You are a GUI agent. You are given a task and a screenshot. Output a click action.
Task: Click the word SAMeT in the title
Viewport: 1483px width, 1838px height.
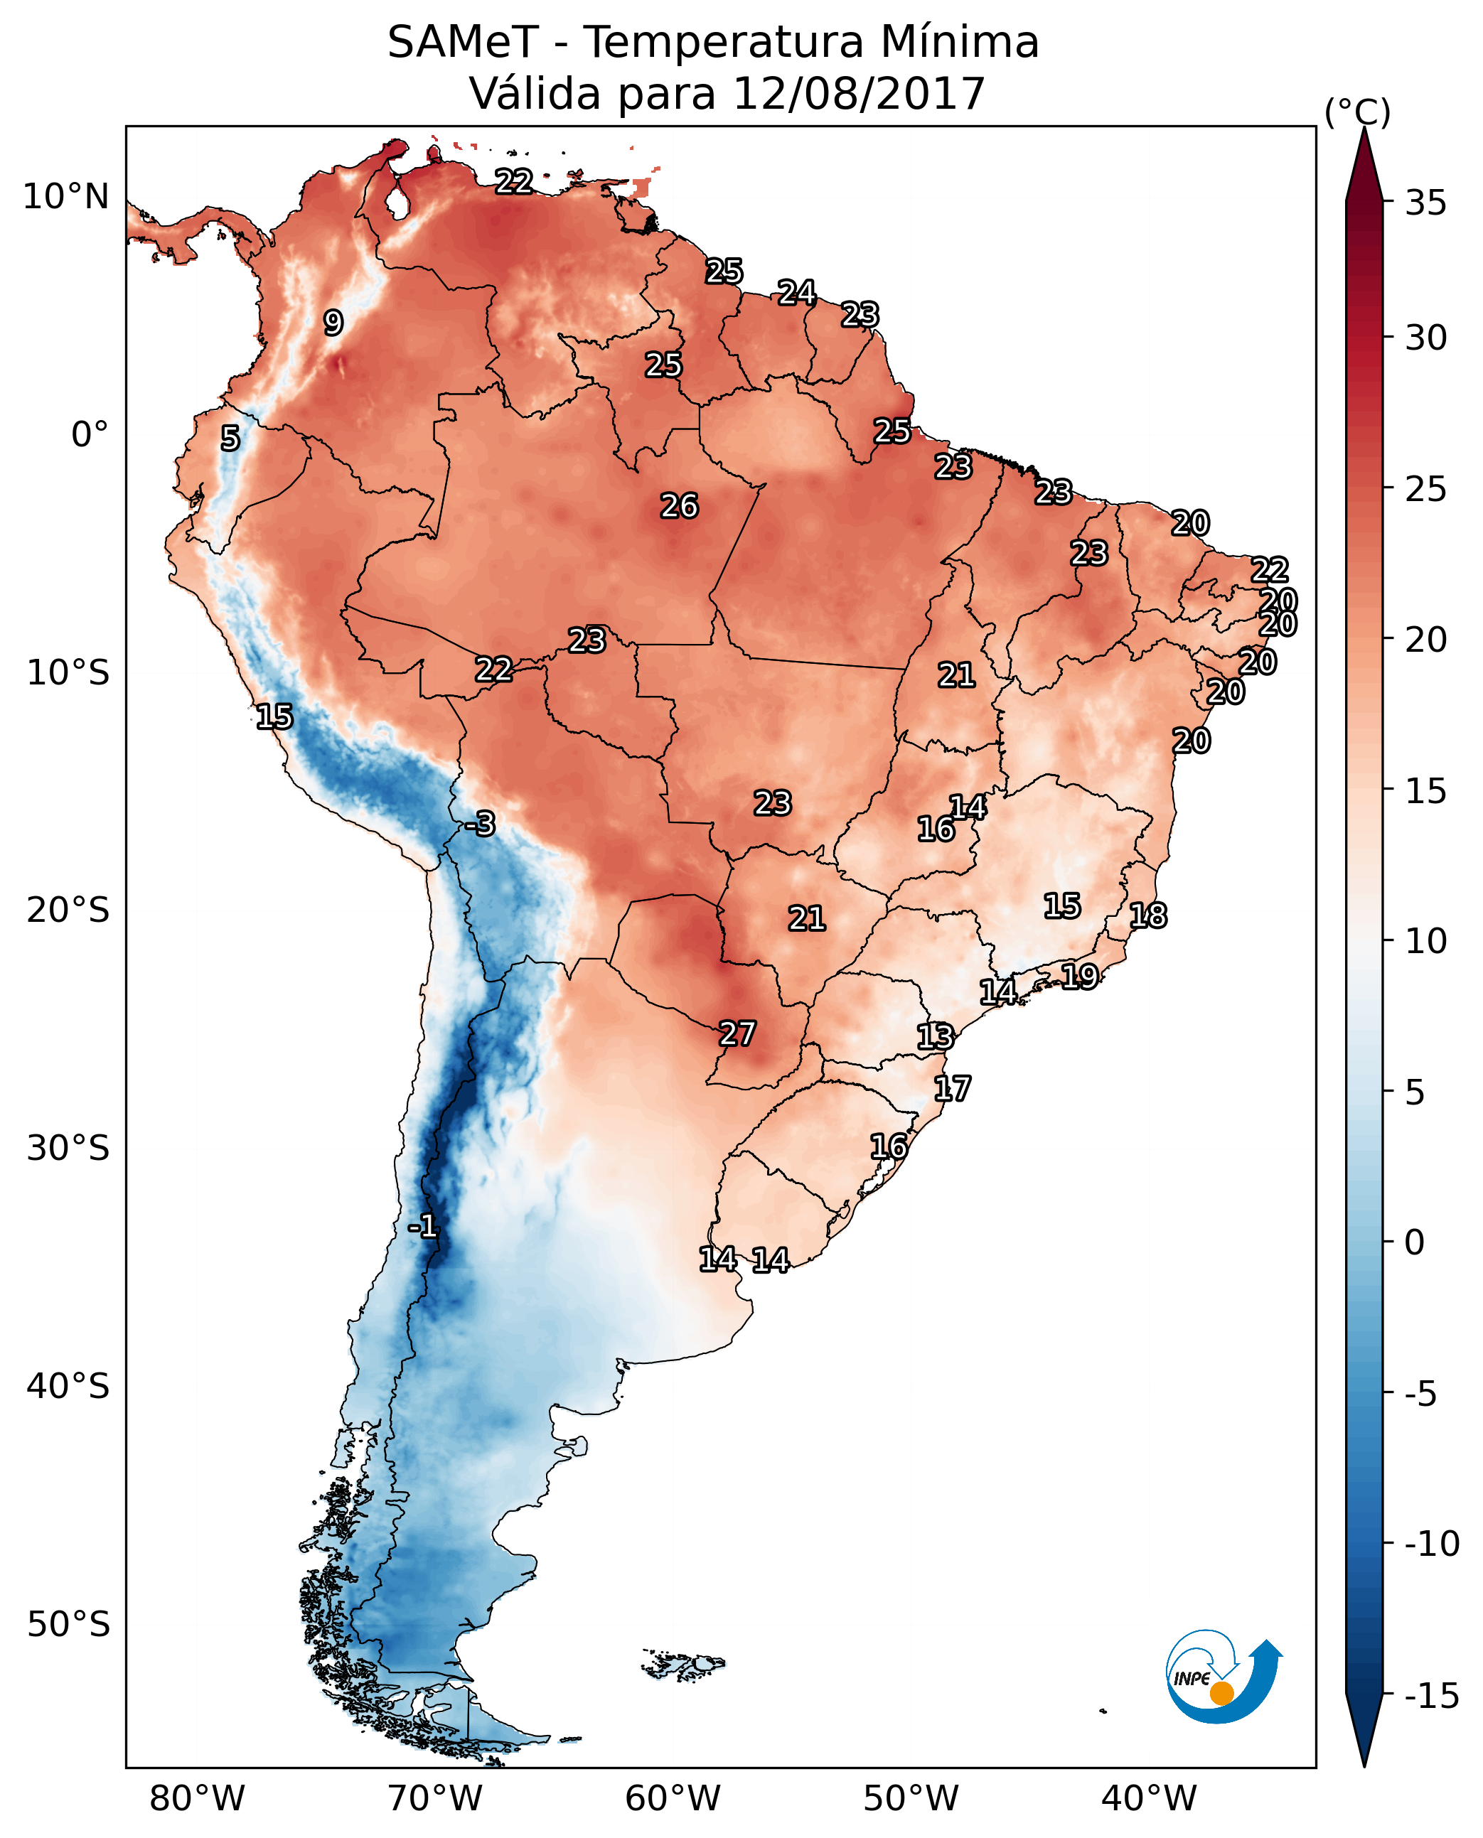click(x=462, y=43)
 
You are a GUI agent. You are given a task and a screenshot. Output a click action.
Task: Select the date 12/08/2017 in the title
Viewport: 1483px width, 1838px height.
click(x=859, y=94)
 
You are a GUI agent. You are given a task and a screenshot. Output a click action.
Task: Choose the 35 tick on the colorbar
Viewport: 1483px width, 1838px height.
click(x=1425, y=203)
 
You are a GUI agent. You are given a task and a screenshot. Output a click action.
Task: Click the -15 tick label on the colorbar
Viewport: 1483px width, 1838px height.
click(x=1432, y=1697)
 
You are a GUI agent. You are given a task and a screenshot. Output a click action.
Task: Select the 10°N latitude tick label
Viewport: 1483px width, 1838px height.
click(x=66, y=198)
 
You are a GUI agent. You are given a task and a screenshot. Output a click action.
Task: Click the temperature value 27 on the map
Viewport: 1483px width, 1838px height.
click(x=737, y=1033)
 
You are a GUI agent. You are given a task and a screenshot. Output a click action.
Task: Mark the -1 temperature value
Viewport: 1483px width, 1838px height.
click(x=423, y=1227)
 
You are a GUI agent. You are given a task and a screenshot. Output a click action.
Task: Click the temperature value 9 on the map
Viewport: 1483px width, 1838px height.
click(x=333, y=323)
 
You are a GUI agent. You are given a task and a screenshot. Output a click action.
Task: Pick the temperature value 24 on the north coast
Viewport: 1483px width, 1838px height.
click(x=796, y=292)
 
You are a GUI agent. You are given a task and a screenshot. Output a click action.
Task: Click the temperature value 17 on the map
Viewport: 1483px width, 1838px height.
click(x=952, y=1088)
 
